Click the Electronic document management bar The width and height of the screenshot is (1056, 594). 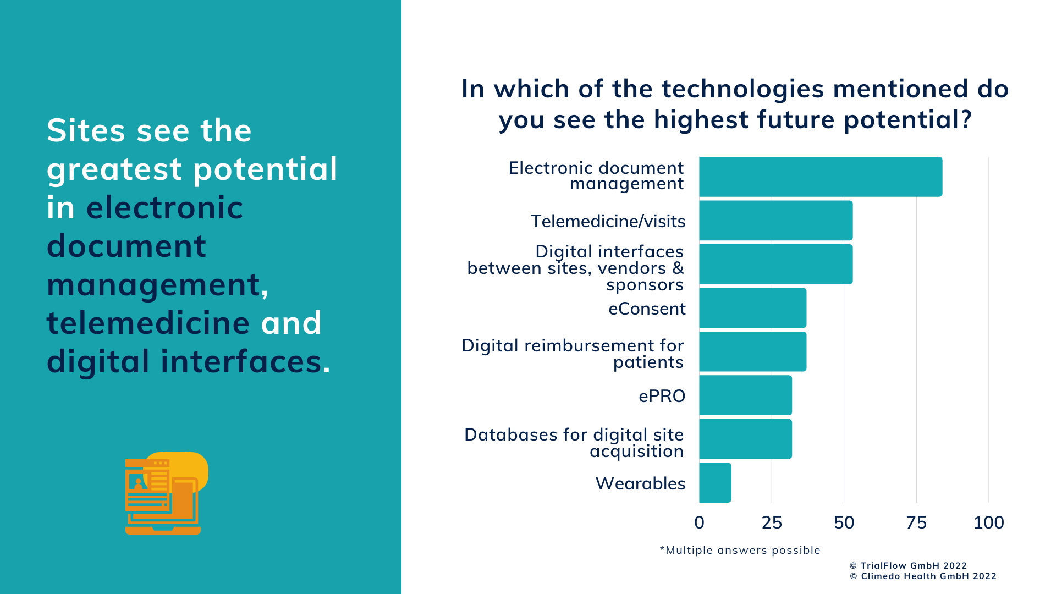click(821, 177)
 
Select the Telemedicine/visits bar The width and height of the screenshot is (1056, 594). click(776, 221)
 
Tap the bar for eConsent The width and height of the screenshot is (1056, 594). click(753, 308)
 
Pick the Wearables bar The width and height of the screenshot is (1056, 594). click(715, 482)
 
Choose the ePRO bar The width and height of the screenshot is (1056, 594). click(745, 395)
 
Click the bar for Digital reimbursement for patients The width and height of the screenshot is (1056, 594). click(753, 351)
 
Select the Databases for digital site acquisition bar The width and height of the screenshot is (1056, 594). click(745, 439)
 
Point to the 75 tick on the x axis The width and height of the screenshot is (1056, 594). click(916, 522)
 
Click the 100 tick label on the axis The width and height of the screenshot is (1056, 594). click(988, 522)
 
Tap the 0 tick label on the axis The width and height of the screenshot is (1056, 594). click(699, 522)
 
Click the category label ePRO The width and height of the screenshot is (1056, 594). click(662, 396)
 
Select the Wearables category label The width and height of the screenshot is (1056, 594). click(640, 483)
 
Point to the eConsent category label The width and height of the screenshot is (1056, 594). click(647, 309)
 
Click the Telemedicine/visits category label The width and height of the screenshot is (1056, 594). click(608, 221)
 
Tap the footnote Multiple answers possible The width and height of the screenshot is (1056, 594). click(740, 550)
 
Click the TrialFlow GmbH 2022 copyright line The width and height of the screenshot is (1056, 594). click(908, 565)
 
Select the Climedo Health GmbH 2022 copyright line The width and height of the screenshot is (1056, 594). click(923, 576)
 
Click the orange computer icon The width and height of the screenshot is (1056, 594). click(165, 493)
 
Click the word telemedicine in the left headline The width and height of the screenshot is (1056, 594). click(148, 323)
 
